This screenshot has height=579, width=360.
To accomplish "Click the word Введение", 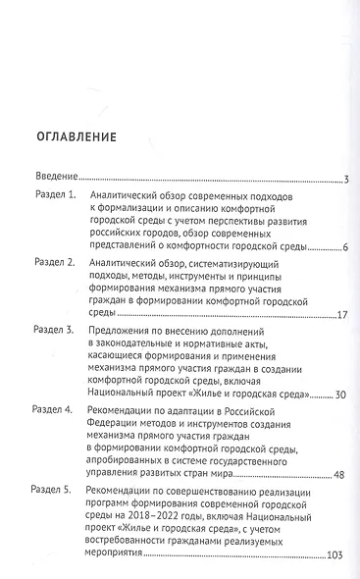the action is point(56,179).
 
